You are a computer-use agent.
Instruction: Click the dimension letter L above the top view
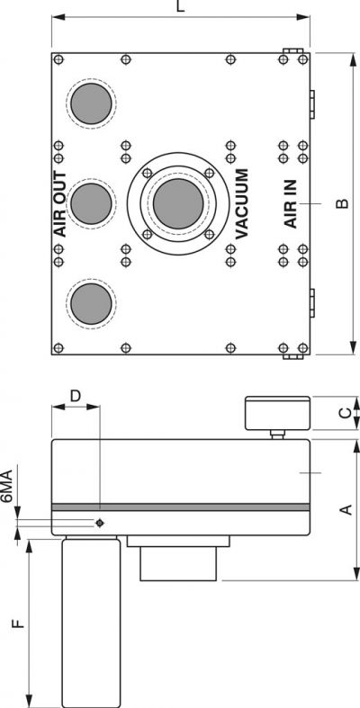point(180,6)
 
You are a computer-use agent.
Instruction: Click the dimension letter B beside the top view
point(343,203)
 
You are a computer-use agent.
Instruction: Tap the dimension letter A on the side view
point(346,510)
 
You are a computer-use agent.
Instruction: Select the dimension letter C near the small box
point(345,413)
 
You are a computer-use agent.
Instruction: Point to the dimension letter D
point(76,396)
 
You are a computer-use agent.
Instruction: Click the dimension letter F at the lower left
point(18,623)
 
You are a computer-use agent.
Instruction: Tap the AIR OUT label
point(59,204)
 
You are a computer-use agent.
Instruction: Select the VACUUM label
point(242,203)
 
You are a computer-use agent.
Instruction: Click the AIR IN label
point(291,203)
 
